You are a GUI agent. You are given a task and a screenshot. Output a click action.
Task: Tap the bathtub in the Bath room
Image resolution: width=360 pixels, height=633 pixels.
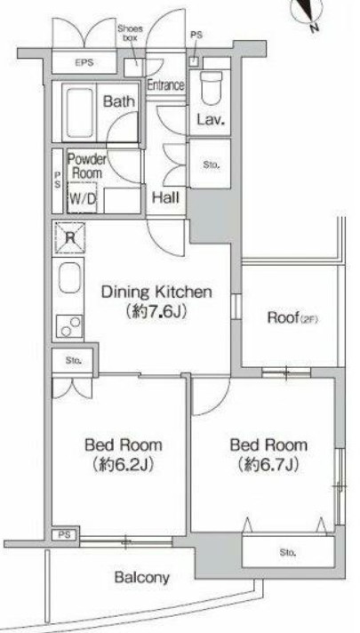pyautogui.click(x=80, y=113)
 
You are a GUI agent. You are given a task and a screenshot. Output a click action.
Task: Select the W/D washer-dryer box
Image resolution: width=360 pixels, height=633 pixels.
pyautogui.click(x=82, y=197)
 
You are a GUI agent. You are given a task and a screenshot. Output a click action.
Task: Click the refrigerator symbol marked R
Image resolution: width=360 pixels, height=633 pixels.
pyautogui.click(x=70, y=237)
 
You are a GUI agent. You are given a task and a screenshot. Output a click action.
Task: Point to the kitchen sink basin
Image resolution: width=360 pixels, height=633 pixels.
pyautogui.click(x=70, y=277)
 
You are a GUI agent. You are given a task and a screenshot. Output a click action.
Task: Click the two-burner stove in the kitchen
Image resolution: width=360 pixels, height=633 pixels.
pyautogui.click(x=70, y=326)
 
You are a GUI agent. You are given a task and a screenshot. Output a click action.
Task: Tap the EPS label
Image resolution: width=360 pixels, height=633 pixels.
pyautogui.click(x=84, y=62)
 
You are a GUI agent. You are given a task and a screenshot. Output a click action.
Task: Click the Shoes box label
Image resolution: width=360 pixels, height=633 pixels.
pyautogui.click(x=130, y=33)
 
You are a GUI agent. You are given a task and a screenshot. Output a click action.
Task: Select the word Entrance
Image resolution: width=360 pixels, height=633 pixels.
pyautogui.click(x=165, y=85)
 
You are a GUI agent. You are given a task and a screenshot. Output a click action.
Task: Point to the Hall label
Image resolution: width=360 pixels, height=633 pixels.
pyautogui.click(x=165, y=197)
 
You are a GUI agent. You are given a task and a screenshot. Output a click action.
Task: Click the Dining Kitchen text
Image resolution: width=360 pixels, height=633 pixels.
pyautogui.click(x=156, y=292)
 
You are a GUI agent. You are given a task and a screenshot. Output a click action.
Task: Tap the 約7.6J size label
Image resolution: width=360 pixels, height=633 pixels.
pyautogui.click(x=156, y=312)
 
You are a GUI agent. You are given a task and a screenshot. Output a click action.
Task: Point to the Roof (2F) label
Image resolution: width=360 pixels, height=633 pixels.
pyautogui.click(x=293, y=318)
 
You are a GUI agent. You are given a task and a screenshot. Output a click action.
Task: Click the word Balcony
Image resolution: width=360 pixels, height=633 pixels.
pyautogui.click(x=141, y=578)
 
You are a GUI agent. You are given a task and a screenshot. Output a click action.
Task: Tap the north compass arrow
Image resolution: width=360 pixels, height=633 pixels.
pyautogui.click(x=311, y=13)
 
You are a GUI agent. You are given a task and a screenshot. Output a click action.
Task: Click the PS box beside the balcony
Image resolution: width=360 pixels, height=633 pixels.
pyautogui.click(x=66, y=535)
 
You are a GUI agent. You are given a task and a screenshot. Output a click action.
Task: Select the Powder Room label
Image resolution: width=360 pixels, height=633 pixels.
pyautogui.click(x=86, y=166)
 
